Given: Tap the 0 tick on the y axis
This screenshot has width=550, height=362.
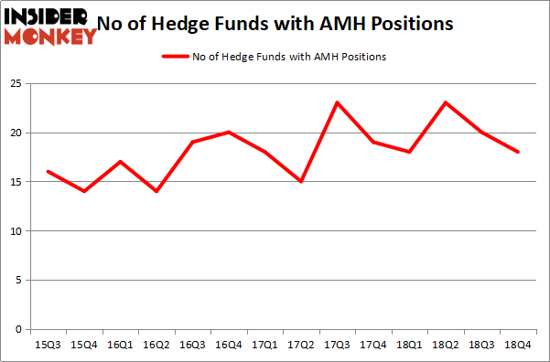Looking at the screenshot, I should click(17, 329).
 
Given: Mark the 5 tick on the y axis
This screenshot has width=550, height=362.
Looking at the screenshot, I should click(17, 281).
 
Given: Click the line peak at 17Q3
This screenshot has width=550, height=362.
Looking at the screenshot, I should click(337, 102).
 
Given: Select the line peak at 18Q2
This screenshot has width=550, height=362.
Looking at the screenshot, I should click(445, 102).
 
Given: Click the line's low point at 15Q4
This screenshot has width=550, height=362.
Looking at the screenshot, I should click(84, 191).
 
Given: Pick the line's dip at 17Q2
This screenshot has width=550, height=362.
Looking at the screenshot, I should click(300, 181).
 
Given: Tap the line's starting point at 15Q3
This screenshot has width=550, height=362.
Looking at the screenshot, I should click(49, 171).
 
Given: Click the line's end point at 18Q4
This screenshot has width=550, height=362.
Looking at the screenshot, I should click(517, 152).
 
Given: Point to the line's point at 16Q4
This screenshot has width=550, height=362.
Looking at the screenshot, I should click(228, 132).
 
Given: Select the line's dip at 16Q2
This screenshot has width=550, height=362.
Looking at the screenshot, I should click(156, 191).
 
